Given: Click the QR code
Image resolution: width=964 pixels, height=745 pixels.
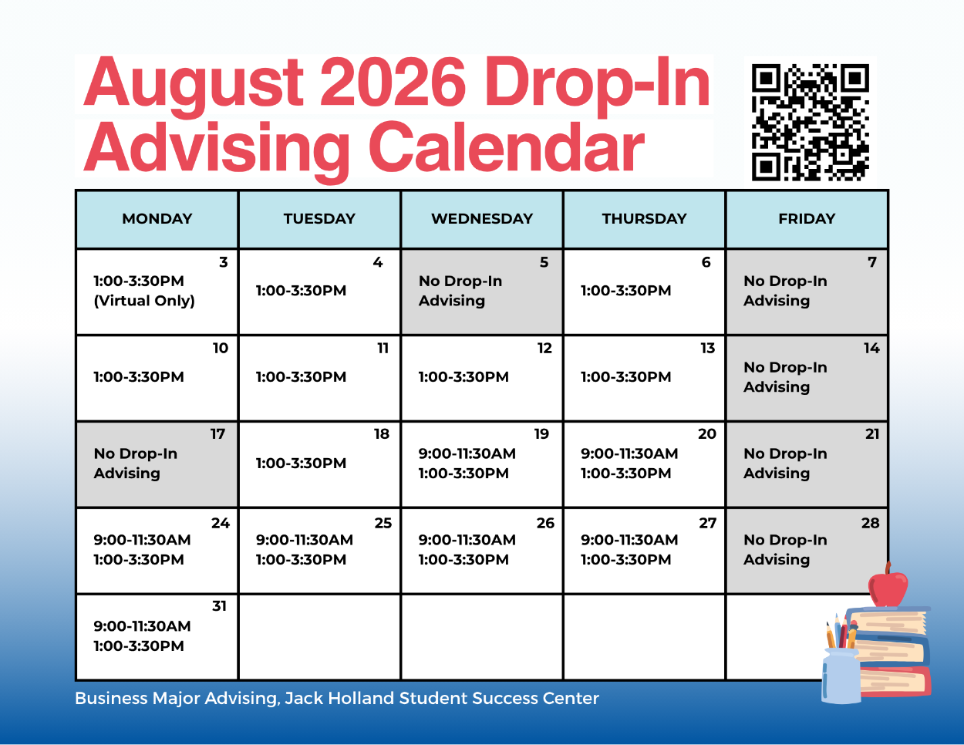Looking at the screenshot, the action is coord(810,123).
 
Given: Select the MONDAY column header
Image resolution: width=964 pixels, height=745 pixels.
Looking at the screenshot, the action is coord(157,218).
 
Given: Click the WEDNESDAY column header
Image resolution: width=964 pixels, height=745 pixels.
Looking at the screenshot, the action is coord(482,218).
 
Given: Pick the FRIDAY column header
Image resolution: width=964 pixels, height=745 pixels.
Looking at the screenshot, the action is coord(807,218).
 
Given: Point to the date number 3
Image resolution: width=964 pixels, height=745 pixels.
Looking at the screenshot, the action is coord(223,262).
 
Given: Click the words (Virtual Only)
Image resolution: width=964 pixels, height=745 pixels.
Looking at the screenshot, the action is coord(144,301).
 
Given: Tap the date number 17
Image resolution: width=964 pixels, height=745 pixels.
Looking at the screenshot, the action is coord(217,433).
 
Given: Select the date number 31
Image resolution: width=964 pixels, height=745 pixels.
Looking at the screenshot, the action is coord(219,605).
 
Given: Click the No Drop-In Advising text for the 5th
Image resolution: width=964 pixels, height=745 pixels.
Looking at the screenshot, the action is coord(460,291).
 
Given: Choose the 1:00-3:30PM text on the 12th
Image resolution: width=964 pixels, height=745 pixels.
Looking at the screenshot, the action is coord(463,377).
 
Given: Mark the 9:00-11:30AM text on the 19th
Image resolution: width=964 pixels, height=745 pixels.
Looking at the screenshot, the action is coord(467,453).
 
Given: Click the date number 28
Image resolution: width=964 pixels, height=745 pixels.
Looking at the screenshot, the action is coord(870,523).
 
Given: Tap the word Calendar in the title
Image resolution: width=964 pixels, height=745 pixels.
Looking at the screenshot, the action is coord(506,147).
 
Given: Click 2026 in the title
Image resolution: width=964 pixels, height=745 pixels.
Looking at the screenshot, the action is coord(393,82).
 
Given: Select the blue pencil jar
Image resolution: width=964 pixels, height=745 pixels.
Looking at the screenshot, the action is coord(841,676).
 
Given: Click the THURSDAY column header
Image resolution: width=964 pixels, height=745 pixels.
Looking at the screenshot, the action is coord(644,218).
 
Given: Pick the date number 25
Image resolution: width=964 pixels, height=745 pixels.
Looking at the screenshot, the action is coord(383,523).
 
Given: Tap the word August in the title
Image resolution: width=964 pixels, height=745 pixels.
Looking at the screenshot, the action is coord(194,86).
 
